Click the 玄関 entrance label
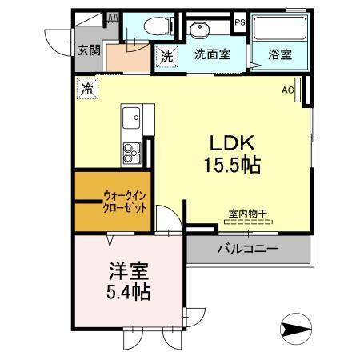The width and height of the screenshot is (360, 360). pyautogui.click(x=88, y=50)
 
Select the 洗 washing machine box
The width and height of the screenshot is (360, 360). pyautogui.click(x=166, y=57)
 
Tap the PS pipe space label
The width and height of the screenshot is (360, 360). pyautogui.click(x=239, y=23)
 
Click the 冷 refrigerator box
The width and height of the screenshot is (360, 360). pyautogui.click(x=86, y=88)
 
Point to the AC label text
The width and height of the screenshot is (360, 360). pyautogui.click(x=287, y=90)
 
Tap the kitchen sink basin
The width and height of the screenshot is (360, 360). pyautogui.click(x=130, y=121)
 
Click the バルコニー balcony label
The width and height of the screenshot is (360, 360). pyautogui.click(x=248, y=250)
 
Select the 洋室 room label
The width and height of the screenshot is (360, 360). pyautogui.click(x=126, y=271)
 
